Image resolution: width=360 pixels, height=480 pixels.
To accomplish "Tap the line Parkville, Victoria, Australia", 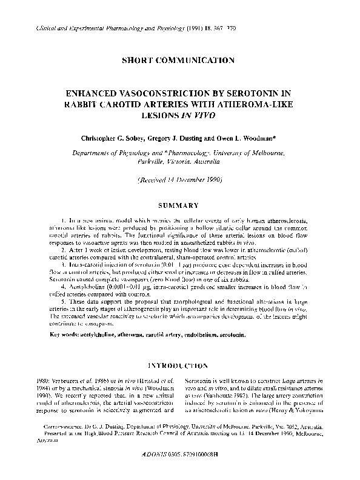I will [x=179, y=162].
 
